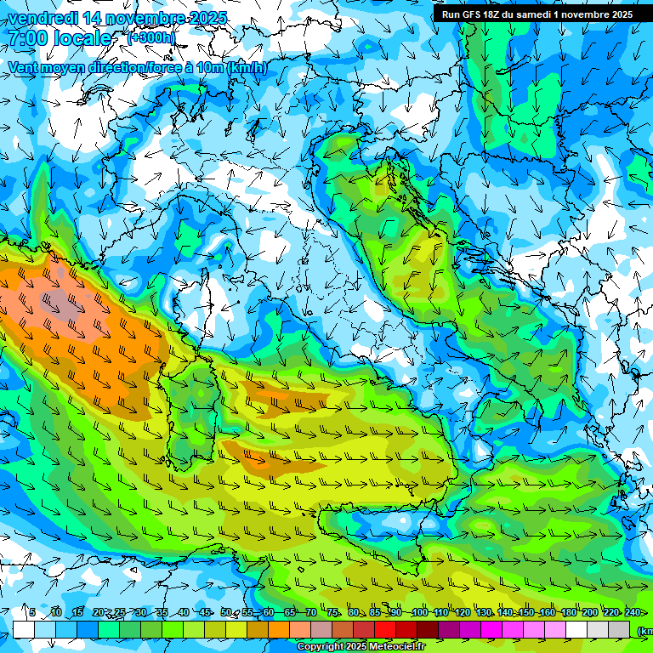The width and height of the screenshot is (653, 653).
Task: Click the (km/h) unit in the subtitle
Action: (247, 67)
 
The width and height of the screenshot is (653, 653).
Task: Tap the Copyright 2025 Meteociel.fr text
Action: (360, 647)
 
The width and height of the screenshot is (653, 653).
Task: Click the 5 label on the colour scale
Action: (31, 612)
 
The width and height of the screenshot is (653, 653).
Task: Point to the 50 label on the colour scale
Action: (225, 612)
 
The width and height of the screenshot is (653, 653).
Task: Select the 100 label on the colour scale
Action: (419, 612)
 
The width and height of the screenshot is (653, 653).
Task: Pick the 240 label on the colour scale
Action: (632, 612)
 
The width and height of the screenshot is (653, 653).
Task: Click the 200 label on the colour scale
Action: (589, 612)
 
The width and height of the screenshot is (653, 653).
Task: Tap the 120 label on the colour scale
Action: (462, 612)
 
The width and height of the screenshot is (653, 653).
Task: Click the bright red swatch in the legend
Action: (385, 629)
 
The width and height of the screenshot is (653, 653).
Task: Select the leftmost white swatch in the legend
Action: (24, 629)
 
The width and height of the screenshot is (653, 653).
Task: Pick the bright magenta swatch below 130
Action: (491, 629)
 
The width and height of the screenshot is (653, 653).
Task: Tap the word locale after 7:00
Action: (81, 38)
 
